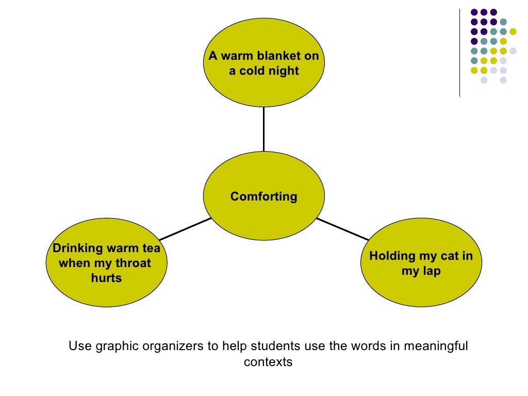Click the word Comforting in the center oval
[x=263, y=196]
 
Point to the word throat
[x=133, y=263]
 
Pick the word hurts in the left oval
[x=106, y=278]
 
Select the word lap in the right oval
[x=432, y=271]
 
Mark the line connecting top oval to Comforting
[x=263, y=129]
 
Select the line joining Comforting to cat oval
[x=343, y=229]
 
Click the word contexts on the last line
[x=268, y=362]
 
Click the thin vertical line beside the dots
[x=459, y=52]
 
